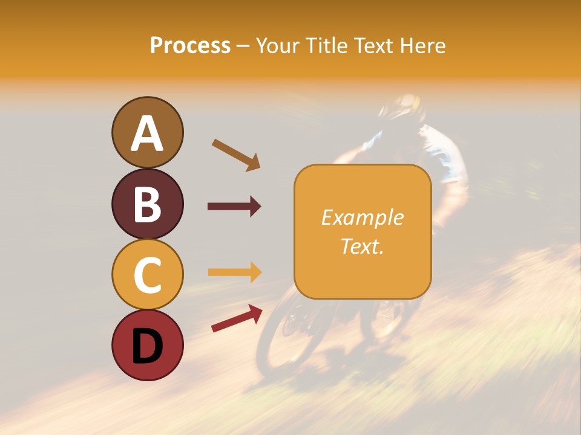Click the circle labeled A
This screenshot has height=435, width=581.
point(147,132)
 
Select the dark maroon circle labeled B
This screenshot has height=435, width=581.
point(147,204)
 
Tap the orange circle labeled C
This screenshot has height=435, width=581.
point(147,274)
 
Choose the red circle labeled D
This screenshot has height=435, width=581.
point(147,345)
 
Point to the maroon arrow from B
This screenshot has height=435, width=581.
point(234,207)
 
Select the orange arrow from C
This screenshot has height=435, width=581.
point(234,272)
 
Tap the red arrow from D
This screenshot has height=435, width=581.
point(237,318)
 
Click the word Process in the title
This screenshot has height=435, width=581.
point(190,45)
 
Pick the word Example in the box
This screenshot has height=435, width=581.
point(362,217)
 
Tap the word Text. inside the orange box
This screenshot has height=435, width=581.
point(362,246)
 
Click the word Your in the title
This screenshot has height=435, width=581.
point(278,45)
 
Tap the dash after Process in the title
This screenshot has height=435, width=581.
point(243,46)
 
